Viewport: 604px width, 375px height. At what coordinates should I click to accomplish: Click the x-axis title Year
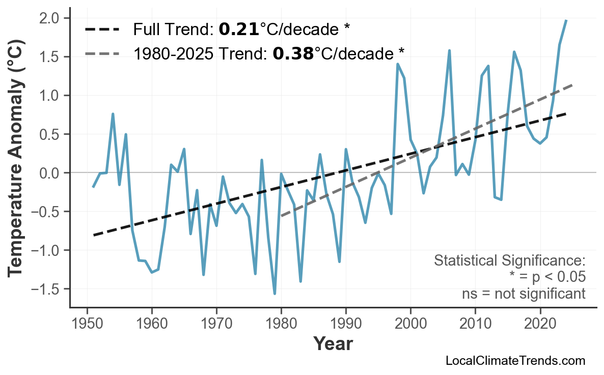click(x=333, y=344)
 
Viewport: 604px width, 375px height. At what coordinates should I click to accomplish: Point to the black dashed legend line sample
click(x=102, y=30)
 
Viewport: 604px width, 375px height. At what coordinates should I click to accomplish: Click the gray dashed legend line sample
click(x=102, y=53)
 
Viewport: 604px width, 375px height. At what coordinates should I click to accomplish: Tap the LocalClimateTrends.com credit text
click(x=515, y=361)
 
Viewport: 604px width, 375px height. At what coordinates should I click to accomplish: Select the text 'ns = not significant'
click(x=524, y=294)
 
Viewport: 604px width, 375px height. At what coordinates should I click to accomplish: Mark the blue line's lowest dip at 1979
click(x=274, y=294)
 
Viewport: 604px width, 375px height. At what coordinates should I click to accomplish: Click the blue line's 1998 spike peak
click(x=397, y=64)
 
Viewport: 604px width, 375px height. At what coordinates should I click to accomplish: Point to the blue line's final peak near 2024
click(x=566, y=20)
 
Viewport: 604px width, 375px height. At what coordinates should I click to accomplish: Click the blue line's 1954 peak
click(x=113, y=114)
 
